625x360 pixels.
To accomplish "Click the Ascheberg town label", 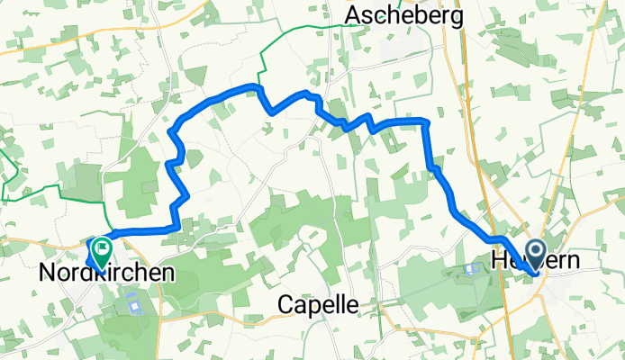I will click(x=403, y=15).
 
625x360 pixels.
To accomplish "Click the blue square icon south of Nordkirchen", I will click(x=135, y=305).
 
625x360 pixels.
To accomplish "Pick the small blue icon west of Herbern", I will click(x=469, y=268).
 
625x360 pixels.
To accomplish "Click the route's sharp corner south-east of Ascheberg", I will click(x=426, y=121).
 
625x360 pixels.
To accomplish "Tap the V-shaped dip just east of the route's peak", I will click(x=268, y=111).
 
